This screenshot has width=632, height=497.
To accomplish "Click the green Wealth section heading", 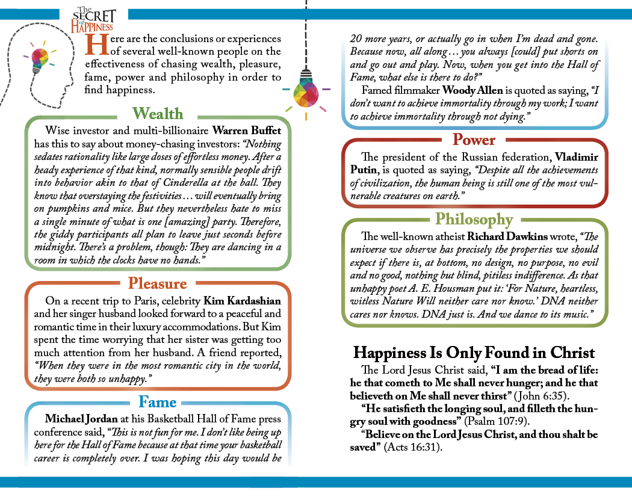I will point(158,113).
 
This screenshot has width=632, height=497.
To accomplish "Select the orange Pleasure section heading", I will point(158,283).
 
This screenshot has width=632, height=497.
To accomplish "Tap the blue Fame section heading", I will point(158,401).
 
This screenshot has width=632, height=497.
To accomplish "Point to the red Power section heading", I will point(474,140).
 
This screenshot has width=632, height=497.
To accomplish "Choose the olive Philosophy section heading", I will point(474,219).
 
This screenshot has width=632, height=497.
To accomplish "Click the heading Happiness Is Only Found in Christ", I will point(474,353).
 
